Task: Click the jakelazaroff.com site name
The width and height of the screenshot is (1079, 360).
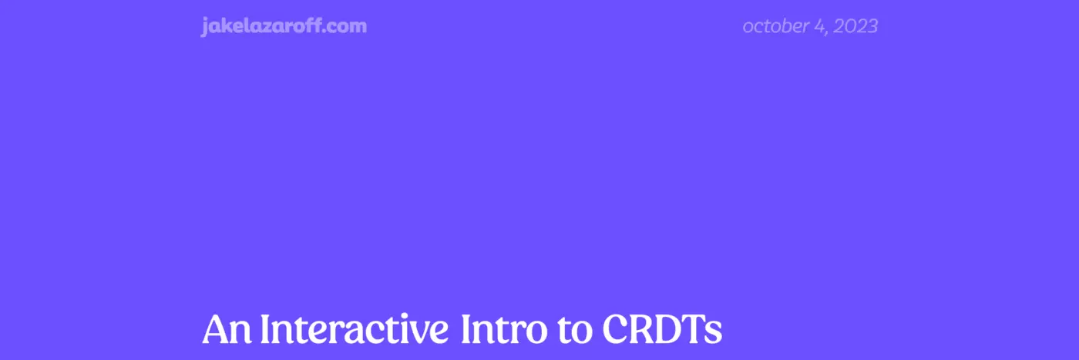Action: coord(284,26)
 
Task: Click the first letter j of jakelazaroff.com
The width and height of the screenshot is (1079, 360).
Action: coord(204,27)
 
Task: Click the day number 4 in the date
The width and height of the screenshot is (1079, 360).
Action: coord(818,26)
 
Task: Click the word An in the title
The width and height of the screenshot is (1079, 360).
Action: coord(225,330)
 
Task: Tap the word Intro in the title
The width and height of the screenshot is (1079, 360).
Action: coord(497,330)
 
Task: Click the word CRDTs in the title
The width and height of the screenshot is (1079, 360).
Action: coord(662,330)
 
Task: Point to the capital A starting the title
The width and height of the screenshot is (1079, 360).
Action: coord(216,330)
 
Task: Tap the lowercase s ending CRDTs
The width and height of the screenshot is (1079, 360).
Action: coord(714,334)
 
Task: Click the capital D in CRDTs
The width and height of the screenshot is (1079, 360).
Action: coord(669,330)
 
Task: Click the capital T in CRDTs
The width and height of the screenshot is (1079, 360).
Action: coord(694,330)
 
